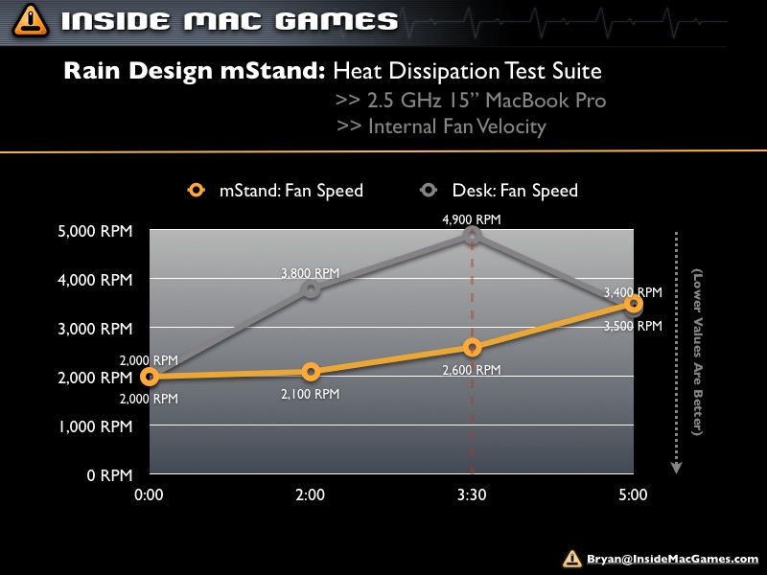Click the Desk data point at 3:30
tap(472, 236)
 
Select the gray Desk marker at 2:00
tap(311, 289)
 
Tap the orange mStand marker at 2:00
tap(311, 372)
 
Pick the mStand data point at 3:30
tap(472, 347)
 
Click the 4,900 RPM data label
tap(472, 219)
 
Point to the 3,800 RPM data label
tap(311, 273)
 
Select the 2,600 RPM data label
tap(472, 369)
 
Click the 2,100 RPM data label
tap(311, 393)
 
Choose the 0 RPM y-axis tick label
tap(110, 474)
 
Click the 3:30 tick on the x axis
tap(472, 495)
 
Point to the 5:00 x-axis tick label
tap(633, 495)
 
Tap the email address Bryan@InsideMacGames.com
tap(672, 559)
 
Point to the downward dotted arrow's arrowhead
tap(676, 467)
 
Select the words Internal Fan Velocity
tap(456, 126)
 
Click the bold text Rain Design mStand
tap(196, 71)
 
